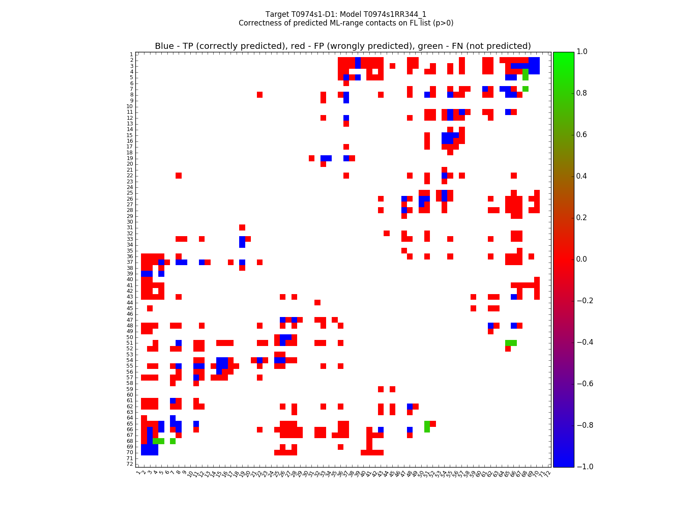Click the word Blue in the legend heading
click(164, 46)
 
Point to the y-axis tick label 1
click(131, 54)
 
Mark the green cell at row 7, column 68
click(525, 89)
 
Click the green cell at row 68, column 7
click(173, 441)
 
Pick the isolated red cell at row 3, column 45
click(392, 66)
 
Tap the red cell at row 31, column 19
click(242, 227)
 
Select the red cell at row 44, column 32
click(317, 302)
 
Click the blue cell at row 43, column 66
click(513, 297)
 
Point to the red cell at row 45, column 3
click(150, 308)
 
